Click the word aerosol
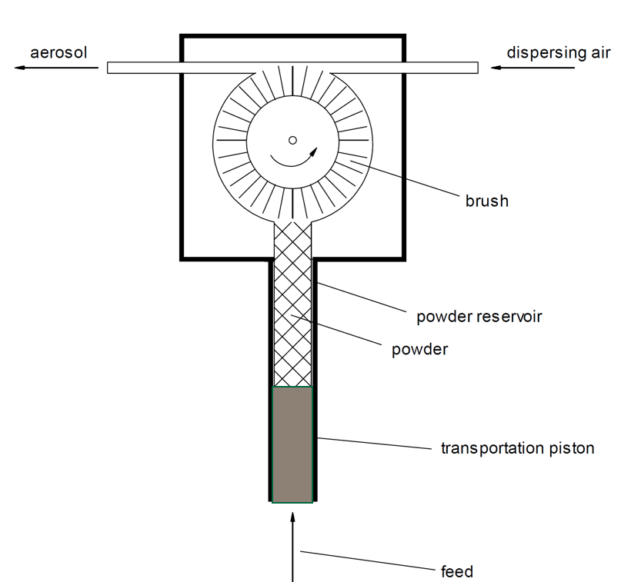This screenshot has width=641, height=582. [x=58, y=53]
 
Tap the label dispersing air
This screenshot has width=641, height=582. [x=559, y=53]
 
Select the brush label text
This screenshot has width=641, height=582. [x=487, y=201]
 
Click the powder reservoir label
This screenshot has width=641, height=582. [x=479, y=317]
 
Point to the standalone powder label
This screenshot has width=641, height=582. [x=420, y=350]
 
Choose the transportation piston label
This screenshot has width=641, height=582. [x=518, y=448]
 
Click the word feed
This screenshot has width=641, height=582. [x=457, y=571]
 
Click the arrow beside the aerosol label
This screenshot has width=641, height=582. [x=56, y=68]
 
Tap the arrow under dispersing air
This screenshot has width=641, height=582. [x=532, y=68]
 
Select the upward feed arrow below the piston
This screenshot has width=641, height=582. [x=292, y=547]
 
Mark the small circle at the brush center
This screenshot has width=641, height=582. [x=292, y=141]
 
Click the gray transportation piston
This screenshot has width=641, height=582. [x=292, y=445]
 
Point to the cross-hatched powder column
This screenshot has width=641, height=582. [x=292, y=304]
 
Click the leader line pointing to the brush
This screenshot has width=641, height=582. [x=405, y=178]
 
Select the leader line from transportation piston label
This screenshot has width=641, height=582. [x=375, y=444]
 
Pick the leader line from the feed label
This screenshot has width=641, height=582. [x=368, y=560]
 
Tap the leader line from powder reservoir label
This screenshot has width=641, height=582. [x=362, y=297]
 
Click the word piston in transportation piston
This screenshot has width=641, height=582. [x=572, y=448]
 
